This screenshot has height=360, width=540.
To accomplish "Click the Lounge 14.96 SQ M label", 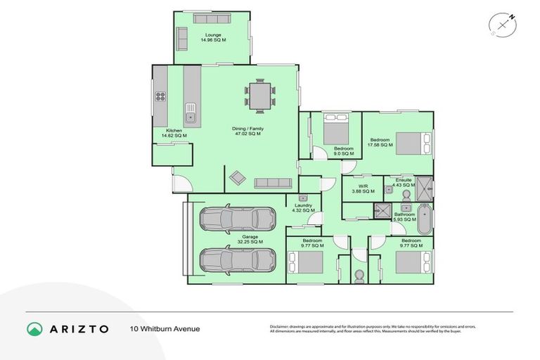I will (x=213, y=37).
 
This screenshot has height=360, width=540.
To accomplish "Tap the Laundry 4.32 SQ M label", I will (x=302, y=208).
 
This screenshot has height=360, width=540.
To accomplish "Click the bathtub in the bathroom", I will (x=425, y=219).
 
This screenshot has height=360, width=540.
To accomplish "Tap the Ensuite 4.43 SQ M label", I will (x=404, y=183).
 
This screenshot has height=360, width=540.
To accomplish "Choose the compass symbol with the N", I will (x=503, y=25).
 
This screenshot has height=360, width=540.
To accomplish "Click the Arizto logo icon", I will (x=34, y=328).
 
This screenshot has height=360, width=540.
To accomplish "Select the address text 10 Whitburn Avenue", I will (x=165, y=328).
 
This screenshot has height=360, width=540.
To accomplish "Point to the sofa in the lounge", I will (x=182, y=38).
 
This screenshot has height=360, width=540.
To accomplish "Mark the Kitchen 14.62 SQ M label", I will (x=174, y=133).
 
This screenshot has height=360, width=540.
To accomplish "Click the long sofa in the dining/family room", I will (x=274, y=183).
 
